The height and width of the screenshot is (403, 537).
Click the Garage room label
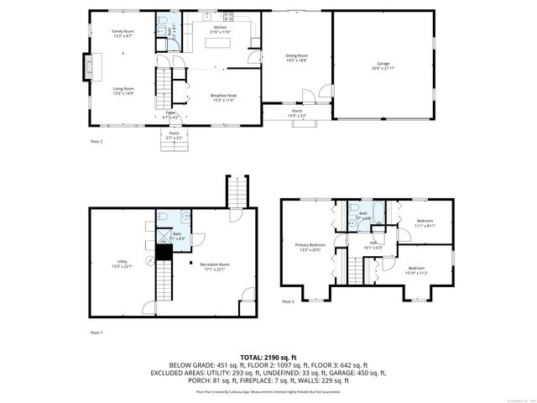coord(382,65)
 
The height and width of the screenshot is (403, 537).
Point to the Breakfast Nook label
coord(222,97)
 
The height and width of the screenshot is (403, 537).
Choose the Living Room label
coord(123,89)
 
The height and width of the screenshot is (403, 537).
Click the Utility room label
coord(123,264)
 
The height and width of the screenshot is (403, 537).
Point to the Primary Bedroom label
coord(310,248)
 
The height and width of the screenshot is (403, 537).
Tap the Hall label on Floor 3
coord(373,245)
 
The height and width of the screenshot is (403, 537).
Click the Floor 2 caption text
coord(96,142)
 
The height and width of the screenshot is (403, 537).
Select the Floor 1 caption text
coord(96,333)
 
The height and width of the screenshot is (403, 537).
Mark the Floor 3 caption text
coord(288,301)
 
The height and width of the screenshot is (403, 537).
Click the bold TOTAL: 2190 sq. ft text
coord(268,358)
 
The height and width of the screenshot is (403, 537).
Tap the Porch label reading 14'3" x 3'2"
coord(297,113)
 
